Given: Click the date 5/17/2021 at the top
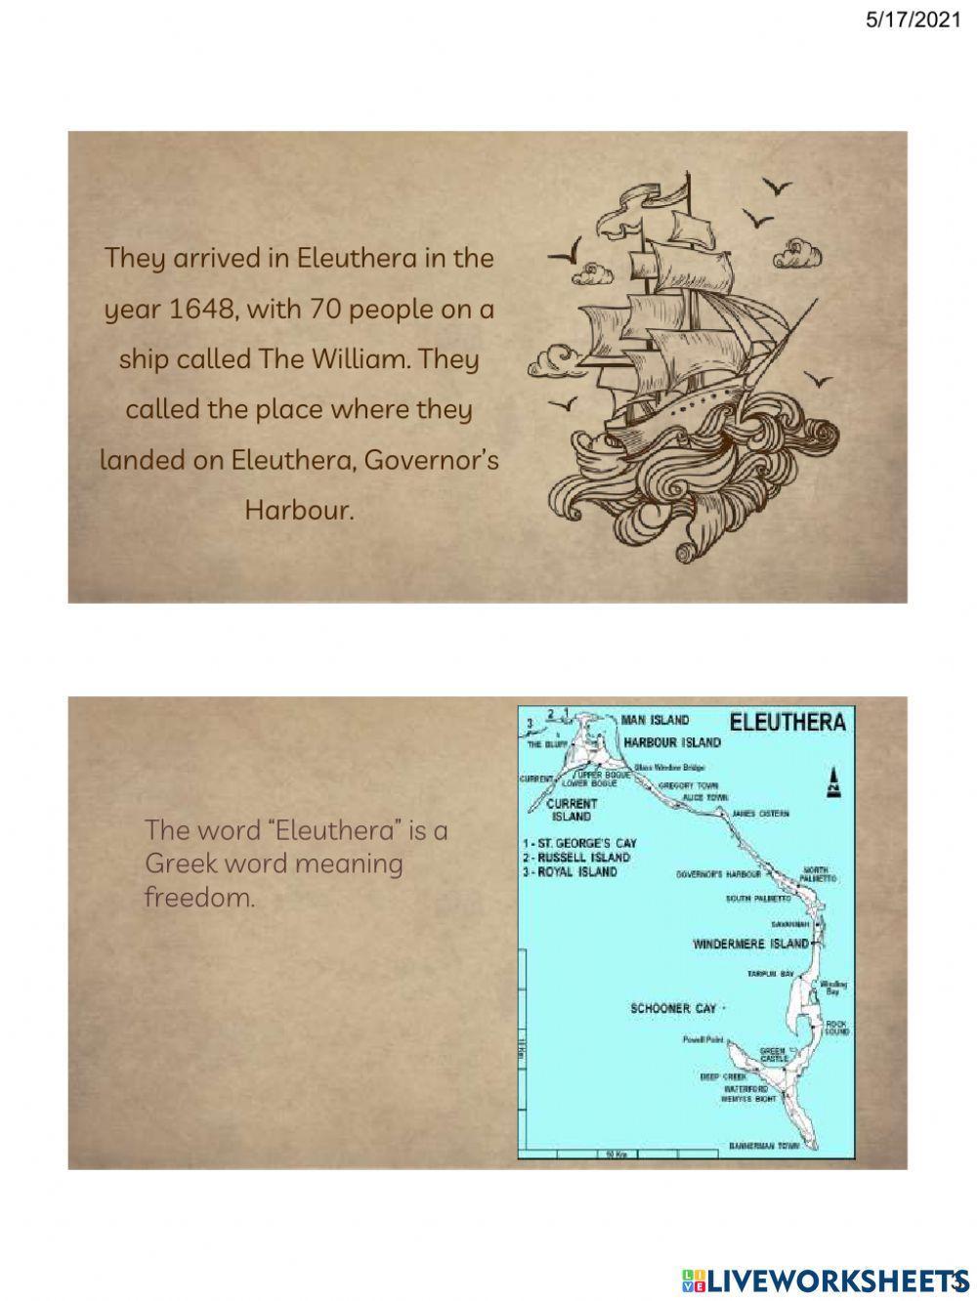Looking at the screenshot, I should (913, 20).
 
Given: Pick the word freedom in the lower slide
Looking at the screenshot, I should (198, 897).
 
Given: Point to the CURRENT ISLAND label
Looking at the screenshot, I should (573, 810).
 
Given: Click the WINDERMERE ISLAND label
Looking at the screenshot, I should (750, 944).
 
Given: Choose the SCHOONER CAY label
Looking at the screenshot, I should (673, 1008).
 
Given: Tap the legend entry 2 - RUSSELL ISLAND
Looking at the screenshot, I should (577, 857).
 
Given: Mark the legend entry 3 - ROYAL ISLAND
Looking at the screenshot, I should (571, 871).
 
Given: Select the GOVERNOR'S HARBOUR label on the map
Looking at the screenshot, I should (718, 874).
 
